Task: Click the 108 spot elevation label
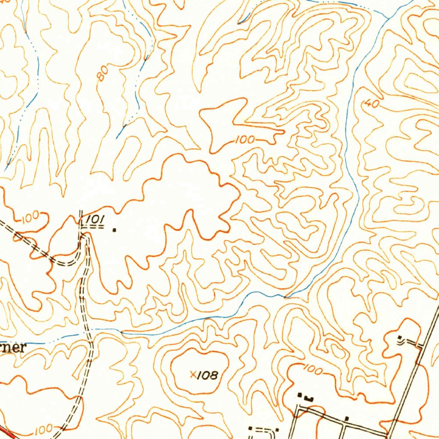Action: point(209,376)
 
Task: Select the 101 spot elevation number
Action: point(95,219)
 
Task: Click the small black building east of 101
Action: point(114,230)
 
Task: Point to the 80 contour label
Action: point(102,74)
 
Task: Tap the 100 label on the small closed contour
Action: point(245,140)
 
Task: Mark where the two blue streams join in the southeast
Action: point(285,296)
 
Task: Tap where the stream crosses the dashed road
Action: point(91,334)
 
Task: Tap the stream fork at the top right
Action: point(388,18)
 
